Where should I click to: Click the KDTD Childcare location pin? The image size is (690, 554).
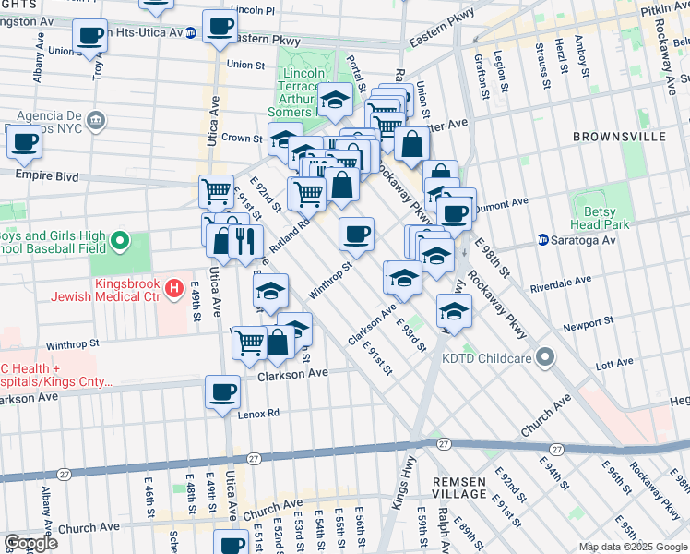(x=546, y=356)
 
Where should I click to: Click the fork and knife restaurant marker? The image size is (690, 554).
(x=244, y=240)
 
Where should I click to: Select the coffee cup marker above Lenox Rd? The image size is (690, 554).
(x=222, y=391)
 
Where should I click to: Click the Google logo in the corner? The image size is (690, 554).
(x=30, y=544)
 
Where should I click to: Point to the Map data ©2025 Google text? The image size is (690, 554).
(x=632, y=547)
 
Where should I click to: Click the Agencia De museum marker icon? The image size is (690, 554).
(x=96, y=120)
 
